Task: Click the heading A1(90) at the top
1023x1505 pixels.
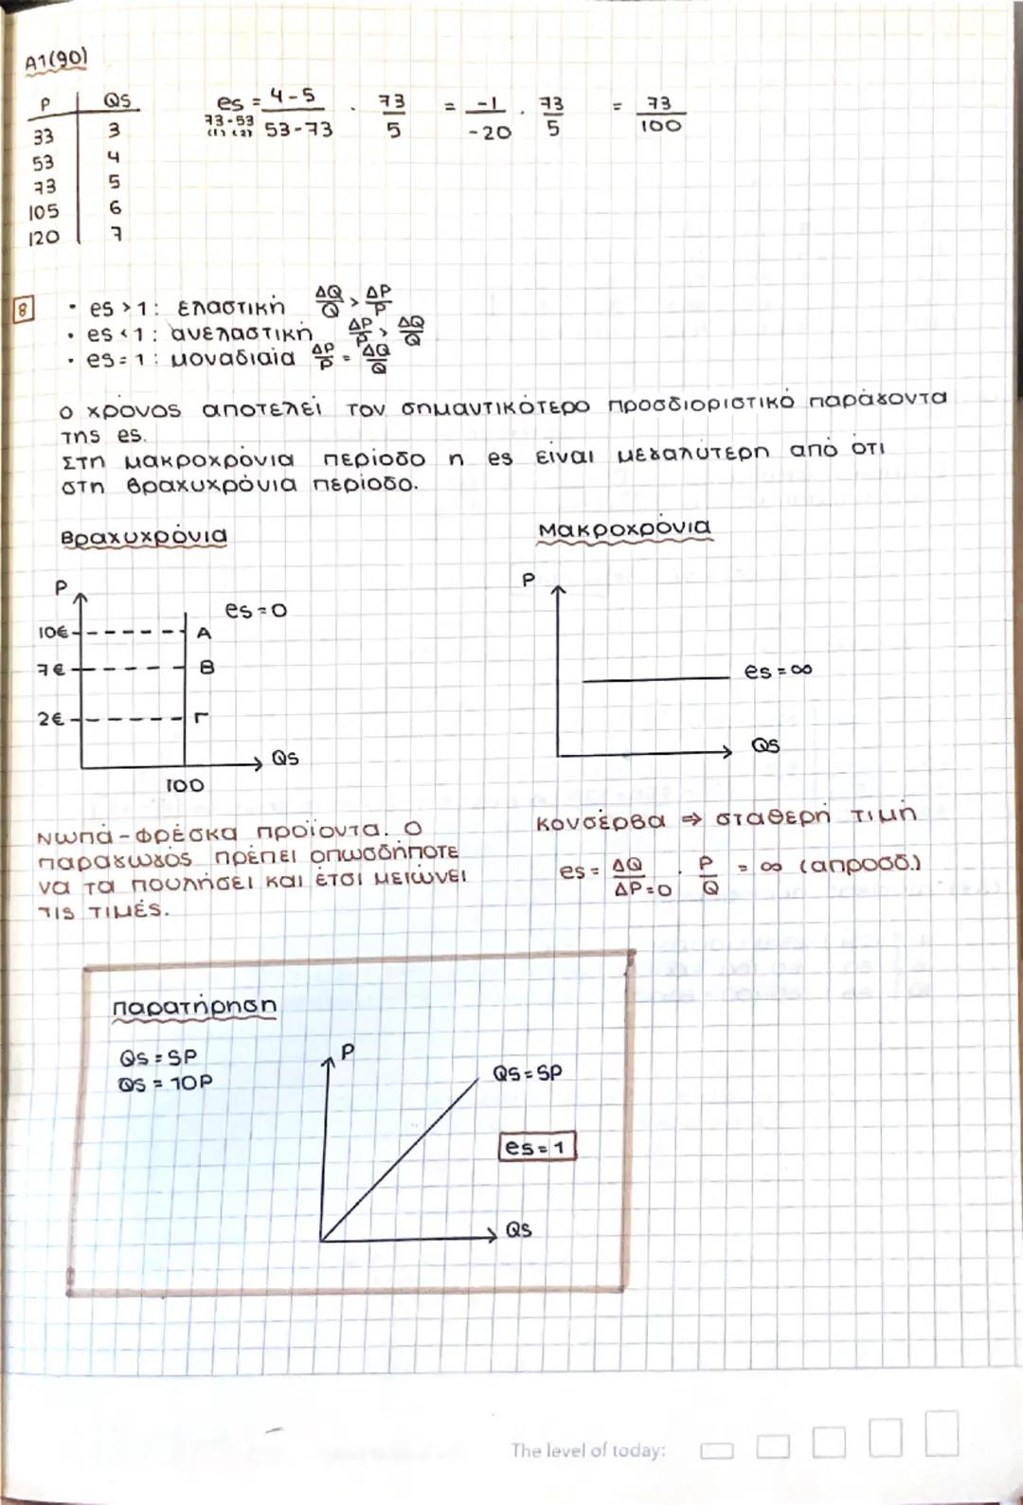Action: [55, 62]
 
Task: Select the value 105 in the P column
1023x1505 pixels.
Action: [44, 211]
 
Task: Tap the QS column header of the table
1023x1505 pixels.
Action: [117, 99]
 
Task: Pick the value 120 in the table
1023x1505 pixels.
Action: [44, 238]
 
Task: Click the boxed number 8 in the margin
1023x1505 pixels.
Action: [22, 309]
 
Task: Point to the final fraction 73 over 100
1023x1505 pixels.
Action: [659, 114]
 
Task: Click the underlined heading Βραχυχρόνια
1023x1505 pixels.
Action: [143, 536]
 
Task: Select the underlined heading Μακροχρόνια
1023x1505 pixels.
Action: [623, 529]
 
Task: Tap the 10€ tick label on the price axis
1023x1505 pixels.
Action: [53, 632]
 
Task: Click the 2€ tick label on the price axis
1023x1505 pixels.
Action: [51, 719]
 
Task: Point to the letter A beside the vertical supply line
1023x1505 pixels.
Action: [204, 633]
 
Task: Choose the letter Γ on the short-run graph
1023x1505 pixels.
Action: [201, 717]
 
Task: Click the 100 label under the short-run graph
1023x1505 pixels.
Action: [184, 785]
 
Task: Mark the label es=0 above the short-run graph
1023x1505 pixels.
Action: [255, 610]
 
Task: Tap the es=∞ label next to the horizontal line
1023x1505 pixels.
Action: [778, 671]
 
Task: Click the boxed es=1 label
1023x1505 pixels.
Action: [536, 1147]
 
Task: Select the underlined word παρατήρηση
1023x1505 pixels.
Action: [194, 1006]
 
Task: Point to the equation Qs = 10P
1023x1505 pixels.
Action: [166, 1083]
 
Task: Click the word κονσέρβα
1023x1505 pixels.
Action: [601, 820]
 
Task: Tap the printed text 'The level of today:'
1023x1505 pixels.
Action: [588, 1450]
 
